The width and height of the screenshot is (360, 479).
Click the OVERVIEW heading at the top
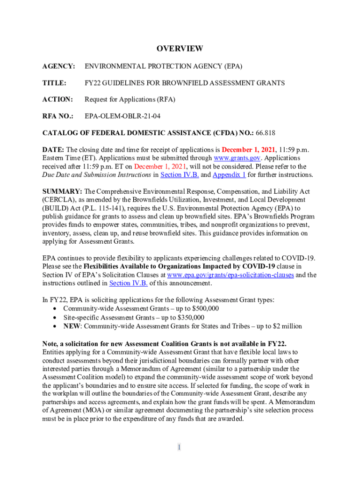tap(180, 49)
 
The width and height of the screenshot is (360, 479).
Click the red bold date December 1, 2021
tap(252, 150)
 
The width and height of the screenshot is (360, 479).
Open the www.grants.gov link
tap(232, 158)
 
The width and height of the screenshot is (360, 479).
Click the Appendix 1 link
tap(229, 175)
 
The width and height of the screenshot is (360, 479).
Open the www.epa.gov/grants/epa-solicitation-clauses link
tap(230, 275)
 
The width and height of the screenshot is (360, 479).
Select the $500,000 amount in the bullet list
tap(203, 309)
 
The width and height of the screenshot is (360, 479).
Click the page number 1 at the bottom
tap(179, 448)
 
